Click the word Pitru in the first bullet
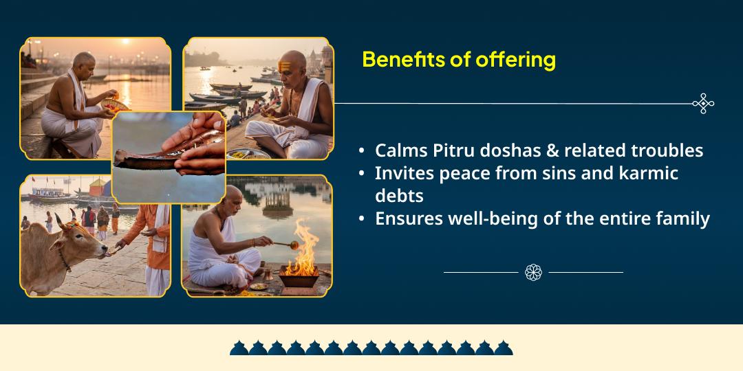pos(446,150)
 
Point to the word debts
pos(399,196)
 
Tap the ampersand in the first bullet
pos(551,150)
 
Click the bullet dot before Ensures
pos(362,220)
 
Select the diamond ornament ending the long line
pos(703,104)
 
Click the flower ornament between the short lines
pos(533,272)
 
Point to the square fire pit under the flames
pos(299,279)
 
